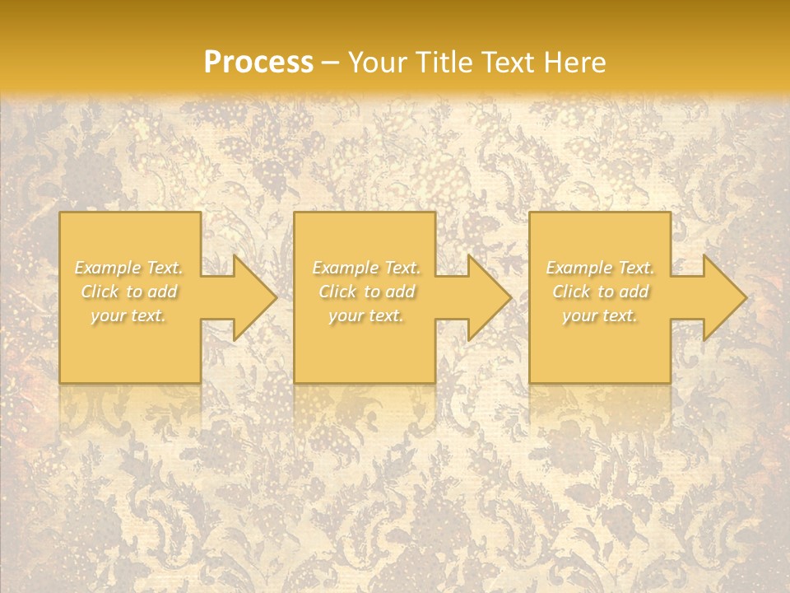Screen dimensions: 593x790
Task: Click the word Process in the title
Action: [258, 63]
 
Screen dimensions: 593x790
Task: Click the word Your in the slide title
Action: [378, 63]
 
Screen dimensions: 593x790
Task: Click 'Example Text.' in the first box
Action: [129, 268]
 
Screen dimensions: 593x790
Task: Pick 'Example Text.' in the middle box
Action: [366, 268]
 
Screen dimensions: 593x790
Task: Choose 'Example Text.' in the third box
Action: [600, 268]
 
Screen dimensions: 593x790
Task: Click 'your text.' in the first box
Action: [129, 315]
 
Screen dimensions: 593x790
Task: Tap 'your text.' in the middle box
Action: [366, 315]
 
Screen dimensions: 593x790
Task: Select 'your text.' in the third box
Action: [600, 315]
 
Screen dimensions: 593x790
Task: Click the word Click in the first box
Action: [100, 292]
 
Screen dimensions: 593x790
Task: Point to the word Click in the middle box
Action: [337, 292]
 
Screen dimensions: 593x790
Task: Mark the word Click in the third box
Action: [571, 292]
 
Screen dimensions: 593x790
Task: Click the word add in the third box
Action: [634, 292]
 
